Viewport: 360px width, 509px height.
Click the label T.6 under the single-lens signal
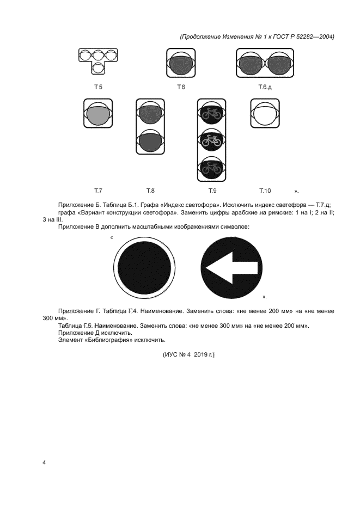(x=181, y=87)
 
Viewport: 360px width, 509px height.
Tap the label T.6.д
(x=265, y=87)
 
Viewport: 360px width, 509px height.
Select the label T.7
(x=98, y=191)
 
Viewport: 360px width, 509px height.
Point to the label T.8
(x=150, y=191)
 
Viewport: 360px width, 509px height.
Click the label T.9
(x=212, y=191)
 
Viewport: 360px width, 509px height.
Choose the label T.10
(x=265, y=191)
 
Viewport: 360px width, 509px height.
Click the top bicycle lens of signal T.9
(x=211, y=113)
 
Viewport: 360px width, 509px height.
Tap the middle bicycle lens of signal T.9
(x=211, y=140)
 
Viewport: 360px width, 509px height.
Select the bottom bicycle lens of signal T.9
(x=211, y=168)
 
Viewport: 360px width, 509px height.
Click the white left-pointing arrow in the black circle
(x=232, y=268)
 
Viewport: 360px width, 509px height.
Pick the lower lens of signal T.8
(x=150, y=142)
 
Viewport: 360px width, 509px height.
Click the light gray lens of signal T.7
(x=98, y=115)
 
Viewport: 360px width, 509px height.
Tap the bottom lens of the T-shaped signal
(x=98, y=68)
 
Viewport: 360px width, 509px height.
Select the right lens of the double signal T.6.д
(x=279, y=63)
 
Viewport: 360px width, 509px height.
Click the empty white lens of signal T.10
(x=265, y=113)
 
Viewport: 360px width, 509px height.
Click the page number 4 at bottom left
(x=44, y=463)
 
